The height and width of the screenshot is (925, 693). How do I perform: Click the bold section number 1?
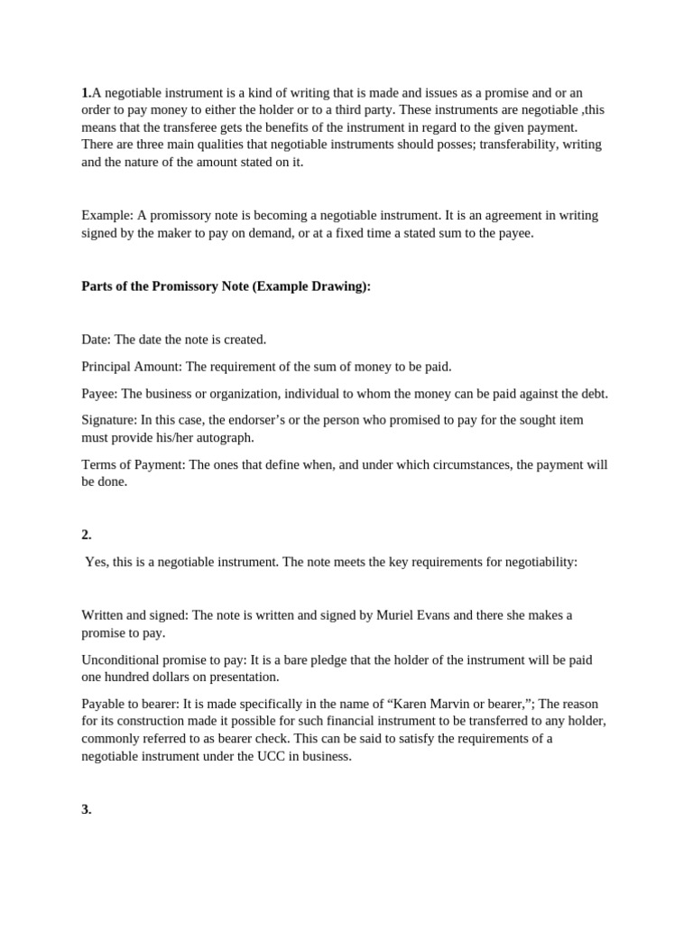[x=86, y=93]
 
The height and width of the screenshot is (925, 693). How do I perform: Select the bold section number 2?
[x=87, y=535]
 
